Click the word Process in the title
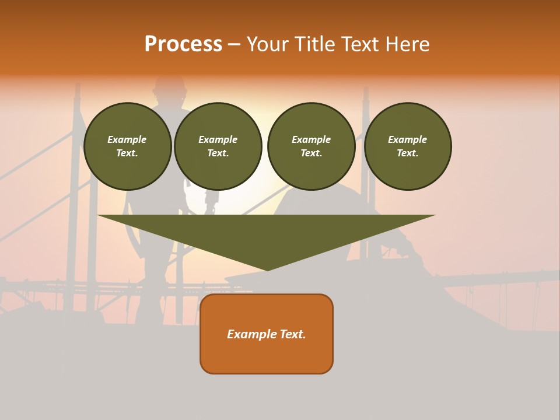[183, 44]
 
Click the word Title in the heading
[314, 44]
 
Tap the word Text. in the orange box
[293, 334]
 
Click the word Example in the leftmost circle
[127, 139]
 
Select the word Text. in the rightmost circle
[407, 153]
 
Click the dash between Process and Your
[234, 44]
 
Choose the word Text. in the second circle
[218, 153]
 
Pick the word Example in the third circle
[311, 139]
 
